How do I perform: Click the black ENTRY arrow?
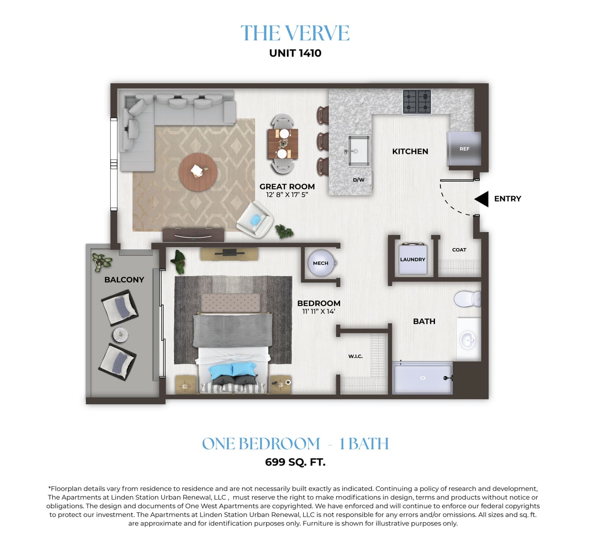coord(482,199)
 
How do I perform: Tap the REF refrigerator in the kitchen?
coord(464,149)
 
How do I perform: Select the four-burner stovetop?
coord(417,102)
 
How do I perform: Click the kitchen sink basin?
coord(359,151)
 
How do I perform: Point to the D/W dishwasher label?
coord(359,180)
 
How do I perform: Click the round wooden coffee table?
coord(198,172)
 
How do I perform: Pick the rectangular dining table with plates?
coord(283,144)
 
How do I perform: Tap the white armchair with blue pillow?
coord(255,220)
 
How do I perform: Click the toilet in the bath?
coord(467,299)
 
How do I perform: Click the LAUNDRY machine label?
coord(413,259)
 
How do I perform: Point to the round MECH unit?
coord(321,263)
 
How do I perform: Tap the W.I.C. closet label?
coord(355,356)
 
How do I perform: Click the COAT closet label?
coord(459,250)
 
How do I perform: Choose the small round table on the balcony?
coord(121,335)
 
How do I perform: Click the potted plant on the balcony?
coord(102,262)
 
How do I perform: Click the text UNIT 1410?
coord(295,53)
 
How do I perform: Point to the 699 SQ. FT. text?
coord(295,462)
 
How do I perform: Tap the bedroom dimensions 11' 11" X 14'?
coord(319,311)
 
